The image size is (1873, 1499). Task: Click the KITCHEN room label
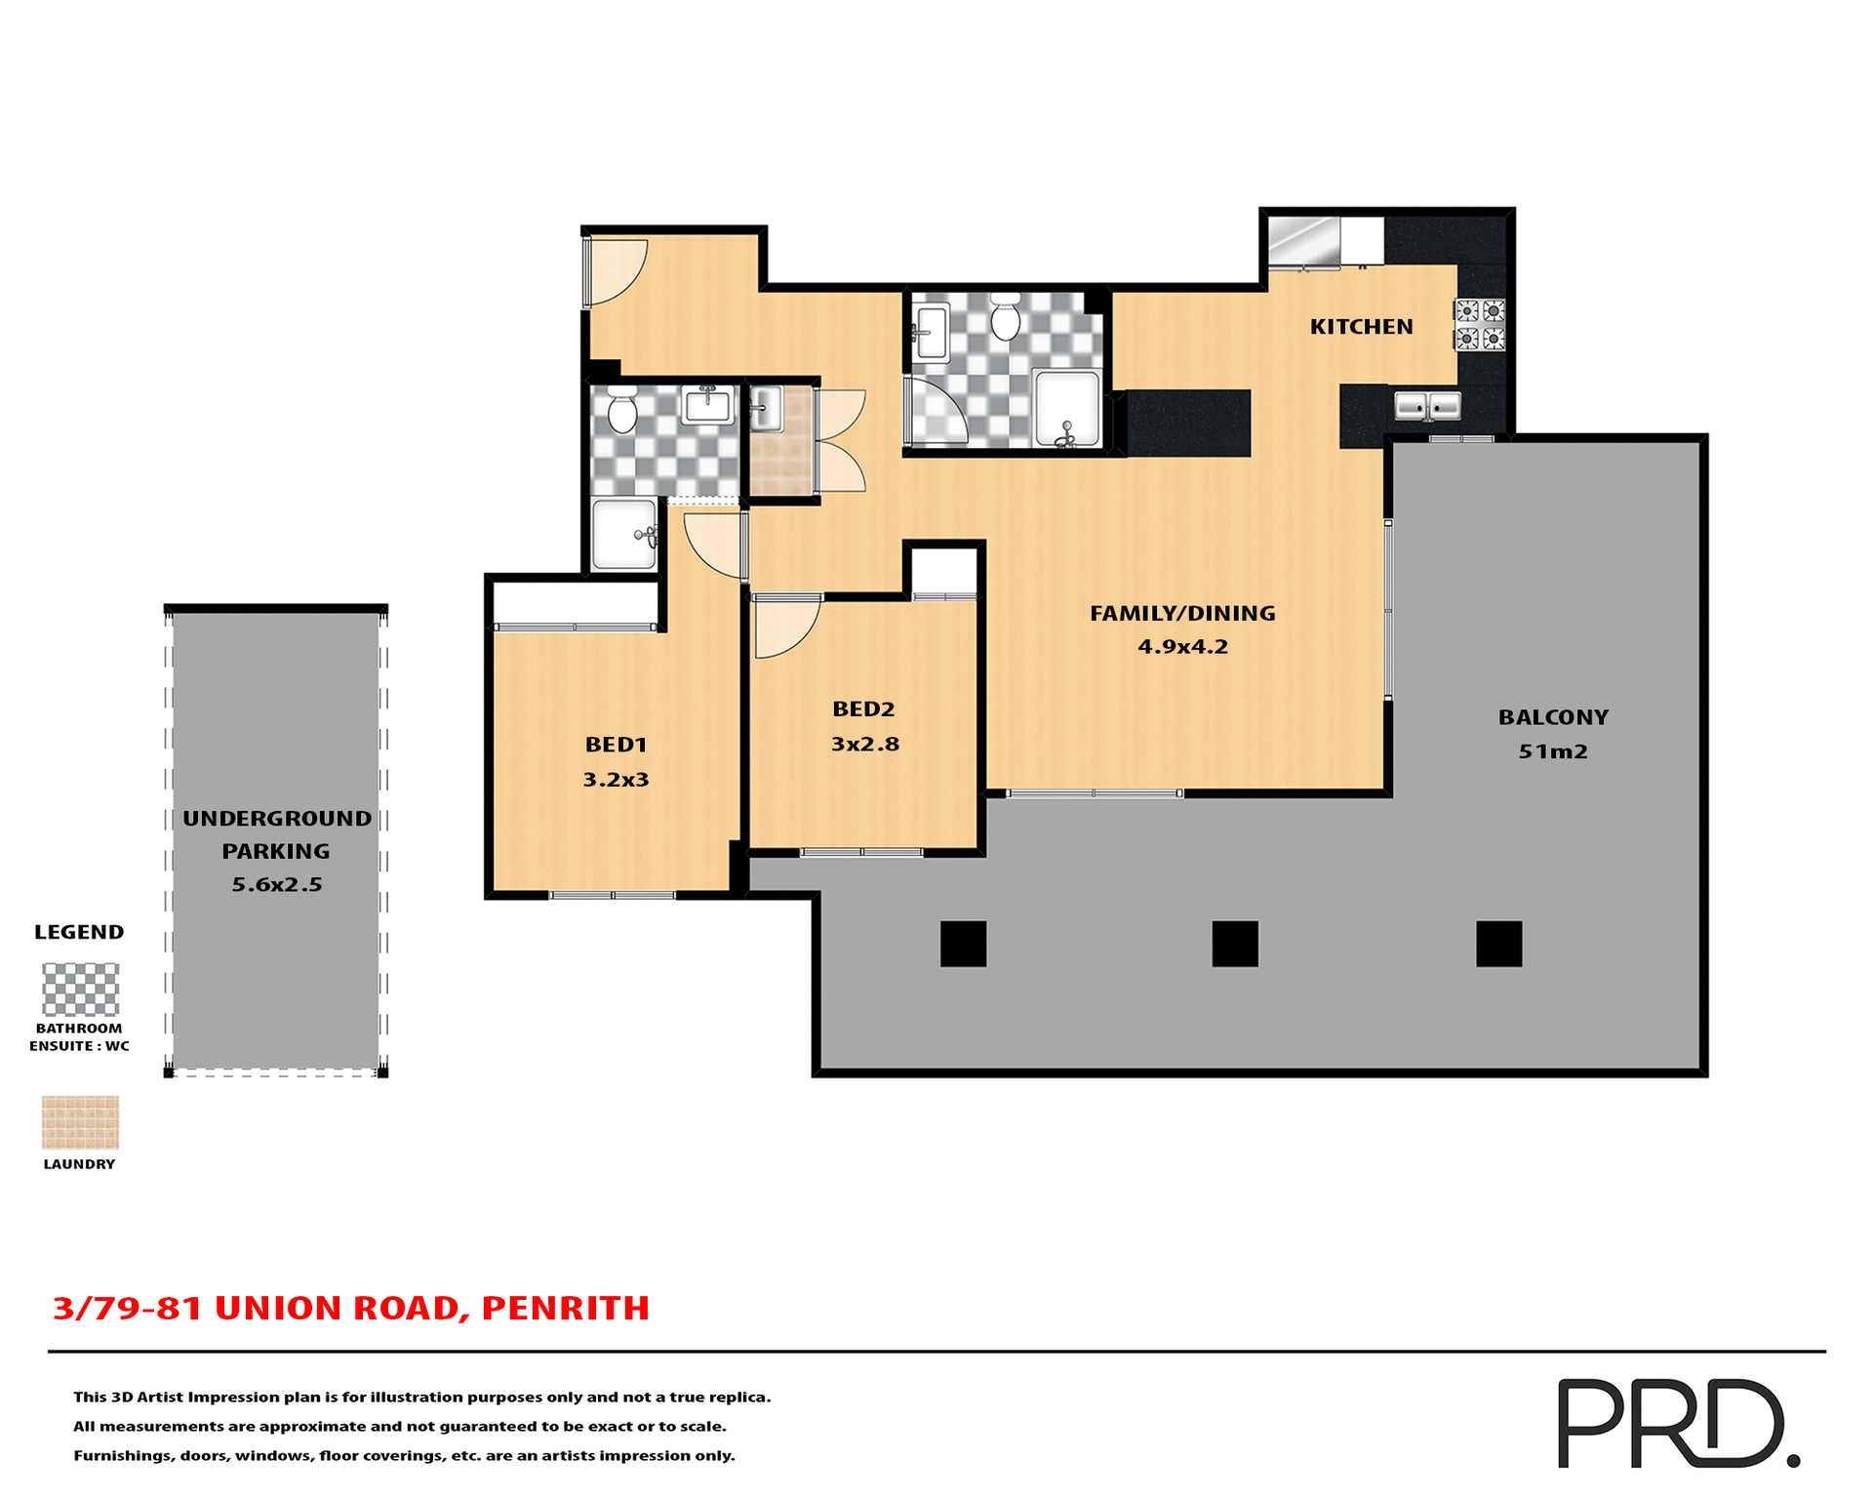point(1361,327)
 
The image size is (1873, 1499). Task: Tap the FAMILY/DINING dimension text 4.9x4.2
point(1182,647)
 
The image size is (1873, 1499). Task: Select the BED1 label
point(616,745)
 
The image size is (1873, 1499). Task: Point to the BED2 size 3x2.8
point(864,745)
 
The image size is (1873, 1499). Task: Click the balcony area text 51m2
point(1553,751)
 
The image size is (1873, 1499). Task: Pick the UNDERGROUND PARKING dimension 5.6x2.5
point(276,885)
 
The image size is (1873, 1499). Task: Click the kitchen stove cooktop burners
point(1480,325)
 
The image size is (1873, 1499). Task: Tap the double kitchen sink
point(1426,405)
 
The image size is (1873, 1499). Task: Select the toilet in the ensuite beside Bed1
point(621,410)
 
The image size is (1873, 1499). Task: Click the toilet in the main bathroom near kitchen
point(1005,316)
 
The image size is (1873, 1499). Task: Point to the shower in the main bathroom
point(1066,408)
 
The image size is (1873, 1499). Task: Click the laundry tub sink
point(766,408)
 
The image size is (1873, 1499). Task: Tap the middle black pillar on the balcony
point(1234,944)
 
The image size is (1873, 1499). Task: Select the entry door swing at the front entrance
point(615,269)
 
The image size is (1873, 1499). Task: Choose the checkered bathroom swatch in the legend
point(80,990)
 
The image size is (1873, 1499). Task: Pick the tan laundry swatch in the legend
point(80,1122)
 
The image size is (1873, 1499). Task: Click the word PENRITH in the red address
point(565,1308)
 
